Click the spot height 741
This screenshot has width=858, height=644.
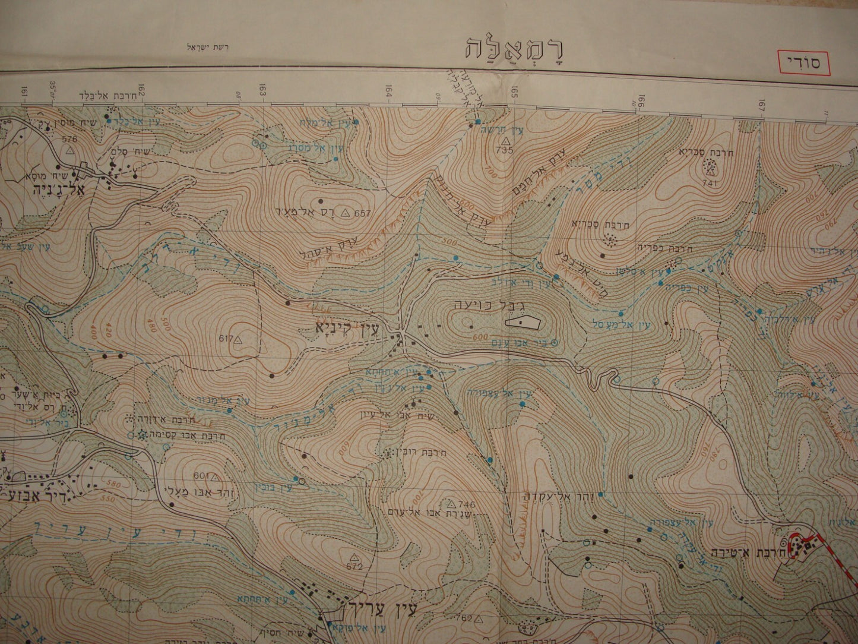(x=710, y=184)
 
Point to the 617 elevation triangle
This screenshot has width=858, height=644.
(x=238, y=340)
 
